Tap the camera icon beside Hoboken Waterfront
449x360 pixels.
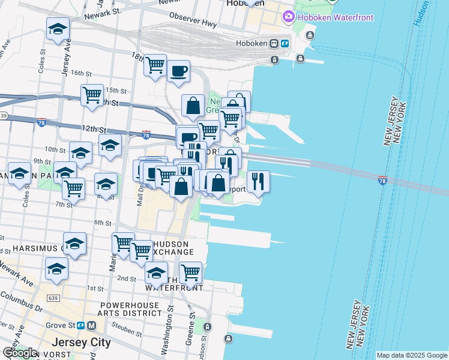tap(289, 16)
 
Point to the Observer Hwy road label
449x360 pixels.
tap(192, 17)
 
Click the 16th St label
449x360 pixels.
tap(80, 73)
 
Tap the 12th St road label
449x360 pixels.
tap(94, 129)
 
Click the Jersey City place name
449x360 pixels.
tap(82, 343)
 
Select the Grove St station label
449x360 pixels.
tap(71, 325)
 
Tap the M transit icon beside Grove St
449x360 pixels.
tap(91, 325)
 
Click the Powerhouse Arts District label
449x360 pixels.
tap(126, 308)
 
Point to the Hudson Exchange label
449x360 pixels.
tap(174, 248)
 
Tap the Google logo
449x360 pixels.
tap(20, 353)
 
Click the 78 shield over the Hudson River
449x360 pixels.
tap(383, 179)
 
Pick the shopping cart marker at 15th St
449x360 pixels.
tap(92, 94)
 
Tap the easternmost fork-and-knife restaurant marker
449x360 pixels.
tap(258, 181)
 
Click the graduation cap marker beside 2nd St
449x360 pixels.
tap(156, 273)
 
